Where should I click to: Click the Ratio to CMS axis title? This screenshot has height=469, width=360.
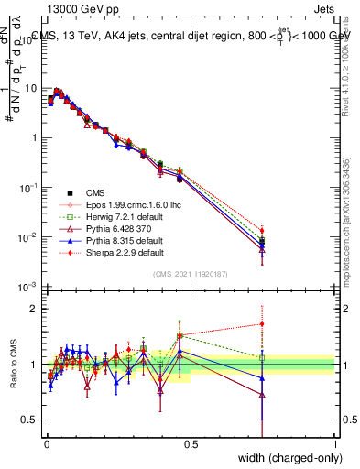[x=12, y=365]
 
